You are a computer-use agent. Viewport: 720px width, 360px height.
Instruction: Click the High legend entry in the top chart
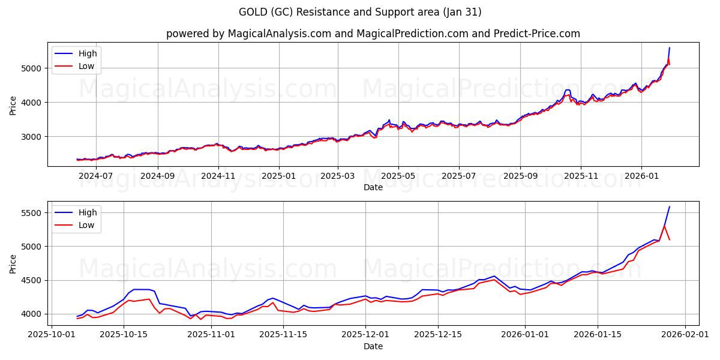[87, 53]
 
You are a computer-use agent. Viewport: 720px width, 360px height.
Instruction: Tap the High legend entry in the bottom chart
[87, 212]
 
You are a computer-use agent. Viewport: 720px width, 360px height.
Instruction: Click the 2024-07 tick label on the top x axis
[96, 176]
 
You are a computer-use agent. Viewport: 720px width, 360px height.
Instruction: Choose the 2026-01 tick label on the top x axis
[641, 176]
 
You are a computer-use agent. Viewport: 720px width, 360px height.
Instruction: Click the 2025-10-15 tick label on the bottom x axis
[124, 334]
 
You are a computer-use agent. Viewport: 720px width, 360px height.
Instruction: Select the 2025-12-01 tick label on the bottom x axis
[366, 334]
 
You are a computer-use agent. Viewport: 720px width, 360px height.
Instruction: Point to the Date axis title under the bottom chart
[373, 346]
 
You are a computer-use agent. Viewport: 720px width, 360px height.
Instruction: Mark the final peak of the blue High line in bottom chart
[670, 207]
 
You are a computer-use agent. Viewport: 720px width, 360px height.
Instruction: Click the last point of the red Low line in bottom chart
[670, 240]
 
